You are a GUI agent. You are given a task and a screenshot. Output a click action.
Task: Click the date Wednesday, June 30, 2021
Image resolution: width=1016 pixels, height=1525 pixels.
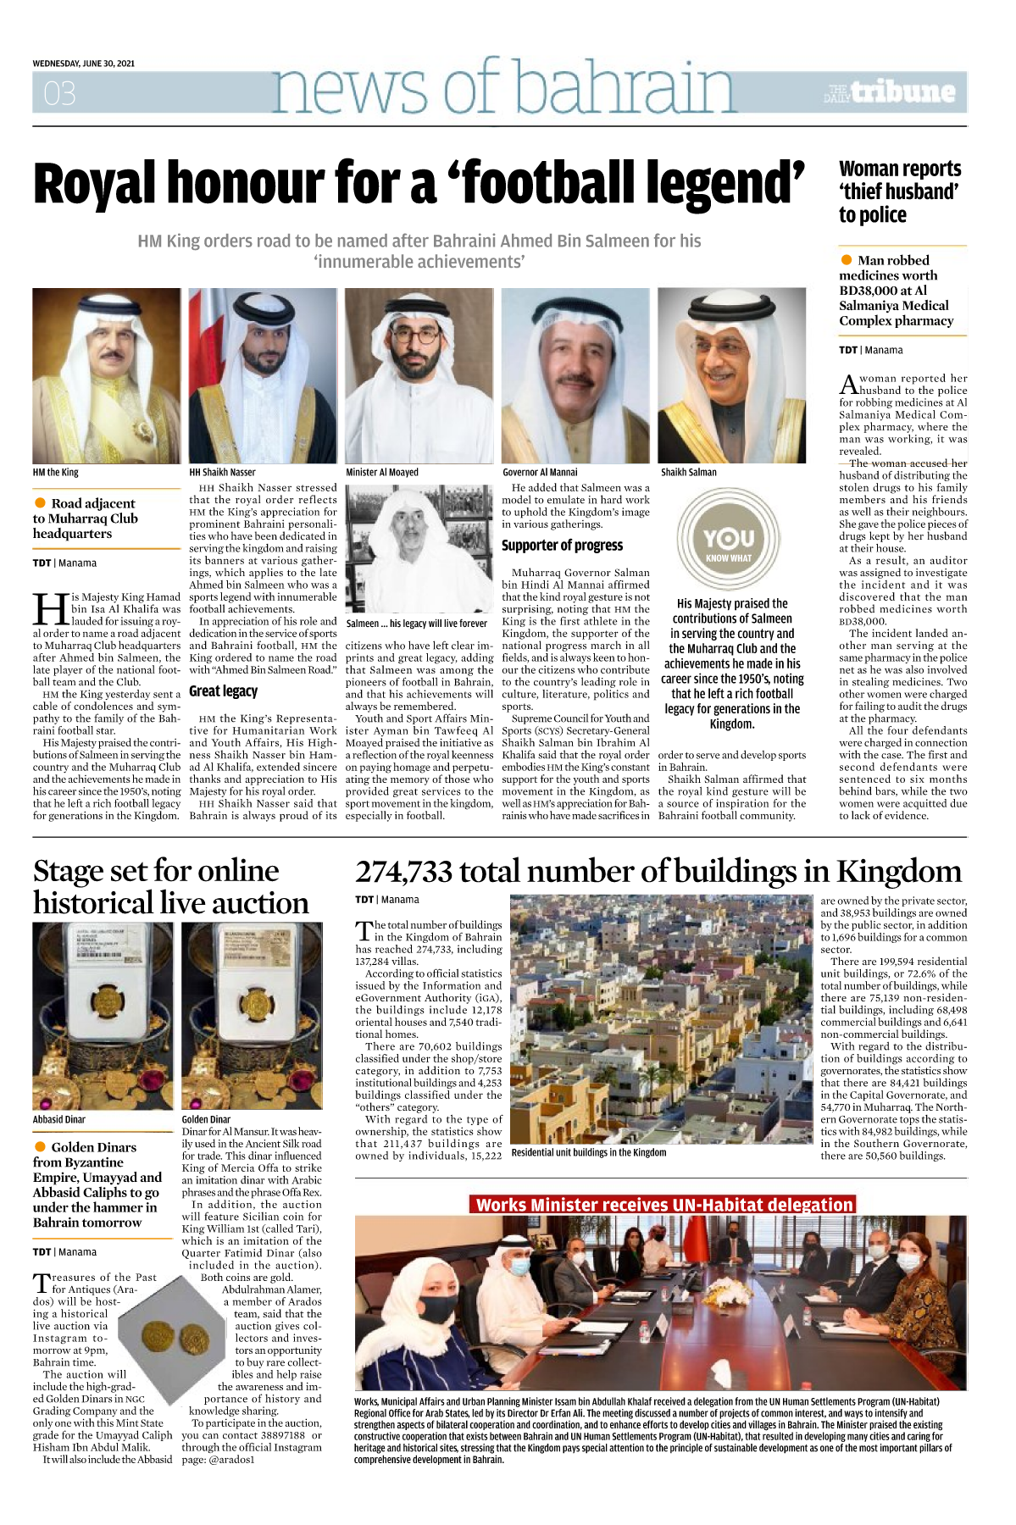coord(84,64)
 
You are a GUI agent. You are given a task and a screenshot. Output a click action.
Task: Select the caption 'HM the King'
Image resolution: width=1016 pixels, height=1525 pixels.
coord(56,473)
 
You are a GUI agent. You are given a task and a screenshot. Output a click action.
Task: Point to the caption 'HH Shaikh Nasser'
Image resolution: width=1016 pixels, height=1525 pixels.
coord(222,473)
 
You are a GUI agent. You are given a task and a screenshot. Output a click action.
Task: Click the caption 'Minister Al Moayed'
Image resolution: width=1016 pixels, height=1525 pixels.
coord(382,473)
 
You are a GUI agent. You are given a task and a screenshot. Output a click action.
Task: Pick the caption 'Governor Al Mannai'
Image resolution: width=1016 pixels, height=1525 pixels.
coord(540,473)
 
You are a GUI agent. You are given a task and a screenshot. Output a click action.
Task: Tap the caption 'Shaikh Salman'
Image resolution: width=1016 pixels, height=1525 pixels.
coord(689,473)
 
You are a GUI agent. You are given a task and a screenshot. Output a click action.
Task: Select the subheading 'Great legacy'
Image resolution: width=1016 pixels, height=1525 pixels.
coord(223,691)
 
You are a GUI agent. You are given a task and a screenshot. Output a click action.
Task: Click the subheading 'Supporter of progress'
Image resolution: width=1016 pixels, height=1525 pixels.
coord(562,546)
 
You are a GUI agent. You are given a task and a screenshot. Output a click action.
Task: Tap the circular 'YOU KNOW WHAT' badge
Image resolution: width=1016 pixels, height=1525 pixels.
coord(729,540)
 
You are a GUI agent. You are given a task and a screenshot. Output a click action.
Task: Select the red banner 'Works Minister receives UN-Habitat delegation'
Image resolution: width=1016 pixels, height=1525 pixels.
coord(663,1205)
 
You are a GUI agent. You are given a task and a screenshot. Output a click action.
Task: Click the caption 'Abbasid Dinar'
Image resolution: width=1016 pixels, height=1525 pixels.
coord(59,1119)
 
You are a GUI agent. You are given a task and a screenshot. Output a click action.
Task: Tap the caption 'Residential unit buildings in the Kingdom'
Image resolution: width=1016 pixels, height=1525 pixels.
coord(589,1152)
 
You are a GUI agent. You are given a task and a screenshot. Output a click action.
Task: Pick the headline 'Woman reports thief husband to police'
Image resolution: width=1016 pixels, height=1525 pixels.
coord(900,191)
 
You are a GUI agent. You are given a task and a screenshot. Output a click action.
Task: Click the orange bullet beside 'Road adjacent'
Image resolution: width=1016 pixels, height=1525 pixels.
coord(40,503)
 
